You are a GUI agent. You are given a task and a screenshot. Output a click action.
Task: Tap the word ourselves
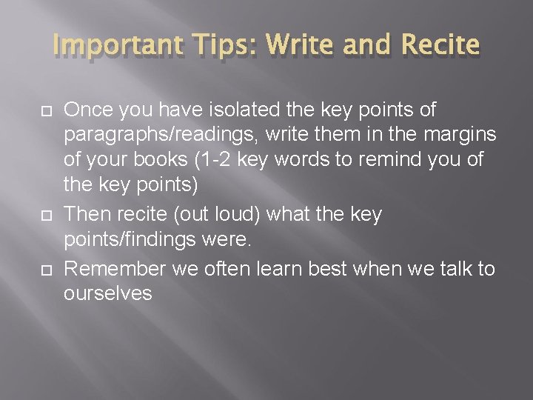pyautogui.click(x=108, y=294)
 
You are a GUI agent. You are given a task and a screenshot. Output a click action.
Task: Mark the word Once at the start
pyautogui.click(x=86, y=111)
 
